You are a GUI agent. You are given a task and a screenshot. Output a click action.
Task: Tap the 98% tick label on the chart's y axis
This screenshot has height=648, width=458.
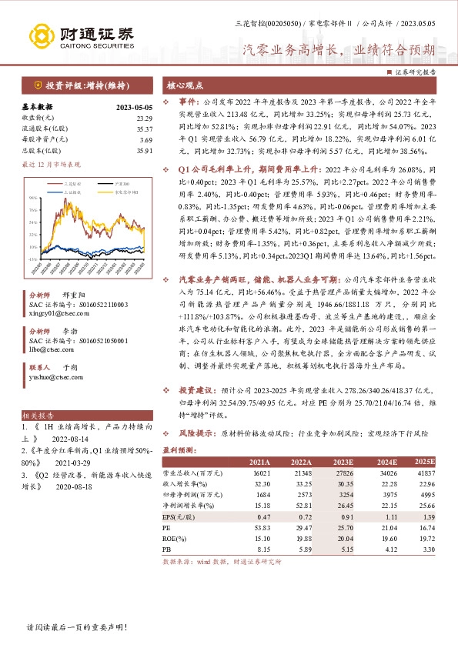point(35,198)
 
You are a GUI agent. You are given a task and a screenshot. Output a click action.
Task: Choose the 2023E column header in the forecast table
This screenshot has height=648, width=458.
point(343,461)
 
